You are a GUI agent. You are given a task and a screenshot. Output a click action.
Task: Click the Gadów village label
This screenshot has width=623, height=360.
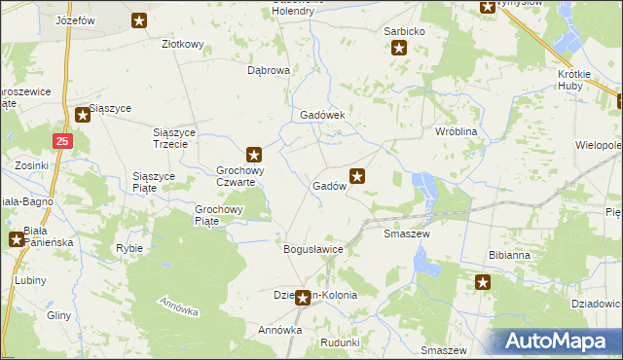330,186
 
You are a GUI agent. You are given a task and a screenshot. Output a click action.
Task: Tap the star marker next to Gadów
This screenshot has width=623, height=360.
358,177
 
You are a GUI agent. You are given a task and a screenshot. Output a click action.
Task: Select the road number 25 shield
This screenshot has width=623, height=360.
62,141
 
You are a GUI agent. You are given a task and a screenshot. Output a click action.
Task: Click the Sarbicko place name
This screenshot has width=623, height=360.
404,31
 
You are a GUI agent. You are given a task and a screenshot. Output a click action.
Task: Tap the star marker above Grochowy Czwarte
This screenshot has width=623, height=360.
254,154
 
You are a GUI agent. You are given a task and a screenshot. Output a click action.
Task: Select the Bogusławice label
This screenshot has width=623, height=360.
313,249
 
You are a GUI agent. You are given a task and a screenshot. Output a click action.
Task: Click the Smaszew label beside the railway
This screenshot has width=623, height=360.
407,234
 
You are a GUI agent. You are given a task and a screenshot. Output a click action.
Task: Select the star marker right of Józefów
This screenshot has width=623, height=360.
139,19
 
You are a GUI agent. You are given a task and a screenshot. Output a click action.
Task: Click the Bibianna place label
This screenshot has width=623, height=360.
509,255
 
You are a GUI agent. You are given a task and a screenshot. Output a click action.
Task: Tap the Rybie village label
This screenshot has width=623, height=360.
129,248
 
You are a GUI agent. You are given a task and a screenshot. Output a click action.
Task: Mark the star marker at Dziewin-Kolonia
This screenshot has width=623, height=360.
303,298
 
